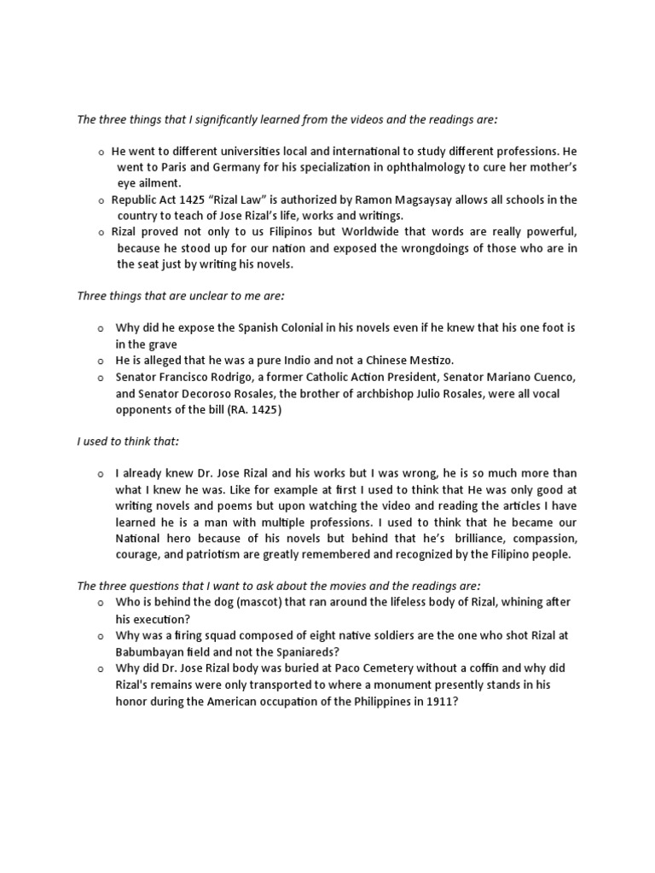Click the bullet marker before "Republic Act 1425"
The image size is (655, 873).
coord(101,200)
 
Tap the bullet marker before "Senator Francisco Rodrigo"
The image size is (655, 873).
coord(101,377)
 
